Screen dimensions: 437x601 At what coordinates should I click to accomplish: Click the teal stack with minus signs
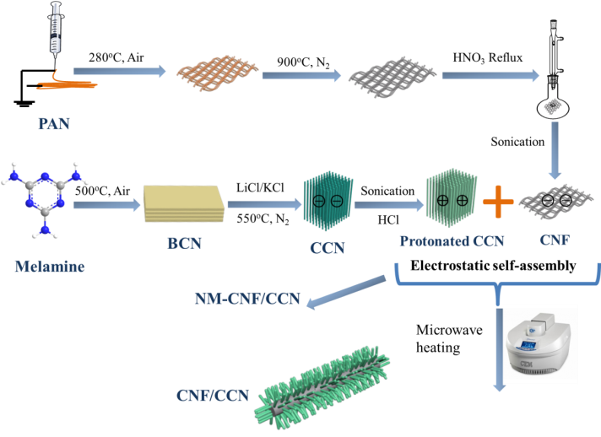coord(324,202)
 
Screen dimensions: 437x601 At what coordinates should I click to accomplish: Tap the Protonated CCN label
coord(451,242)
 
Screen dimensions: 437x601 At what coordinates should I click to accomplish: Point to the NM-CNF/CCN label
coord(246,298)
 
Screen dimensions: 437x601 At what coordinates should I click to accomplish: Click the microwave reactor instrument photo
coord(539,343)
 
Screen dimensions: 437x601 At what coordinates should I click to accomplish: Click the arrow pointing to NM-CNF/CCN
coord(348,291)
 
